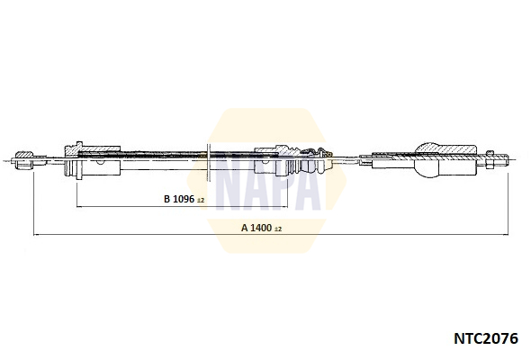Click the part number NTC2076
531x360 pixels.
coord(486,338)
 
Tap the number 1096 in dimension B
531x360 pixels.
coord(184,199)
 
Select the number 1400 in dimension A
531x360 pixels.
coord(261,228)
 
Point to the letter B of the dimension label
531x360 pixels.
coord(166,199)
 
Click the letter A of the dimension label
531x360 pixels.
coord(245,228)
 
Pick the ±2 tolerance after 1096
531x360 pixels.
coord(201,200)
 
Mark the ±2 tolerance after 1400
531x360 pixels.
coord(278,229)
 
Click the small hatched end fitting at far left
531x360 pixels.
coord(22,160)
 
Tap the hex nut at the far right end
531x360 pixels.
coord(490,160)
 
